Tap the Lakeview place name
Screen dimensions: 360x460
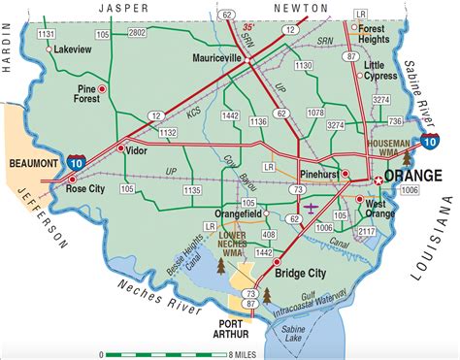[73, 47]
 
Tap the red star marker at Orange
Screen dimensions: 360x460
[378, 180]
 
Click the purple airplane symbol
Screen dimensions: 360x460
[311, 207]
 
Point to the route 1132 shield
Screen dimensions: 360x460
[167, 130]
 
